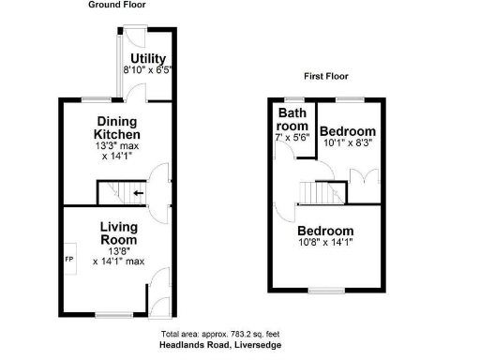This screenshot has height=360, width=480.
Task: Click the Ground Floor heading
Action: tap(117, 5)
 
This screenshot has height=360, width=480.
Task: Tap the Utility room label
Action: tap(148, 59)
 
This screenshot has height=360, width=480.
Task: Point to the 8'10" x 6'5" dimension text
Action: tap(148, 70)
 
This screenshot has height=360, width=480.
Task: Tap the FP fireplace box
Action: tap(68, 259)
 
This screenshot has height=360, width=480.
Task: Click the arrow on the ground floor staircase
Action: tap(139, 194)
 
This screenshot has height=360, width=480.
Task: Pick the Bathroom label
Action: tap(291, 119)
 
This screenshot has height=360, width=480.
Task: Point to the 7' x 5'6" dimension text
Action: tap(292, 137)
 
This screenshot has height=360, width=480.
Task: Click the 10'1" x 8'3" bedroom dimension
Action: tap(348, 143)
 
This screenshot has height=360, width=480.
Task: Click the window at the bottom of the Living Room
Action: tap(112, 313)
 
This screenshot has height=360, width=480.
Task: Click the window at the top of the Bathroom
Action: tap(293, 97)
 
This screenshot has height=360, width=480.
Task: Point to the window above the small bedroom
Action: tap(351, 97)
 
